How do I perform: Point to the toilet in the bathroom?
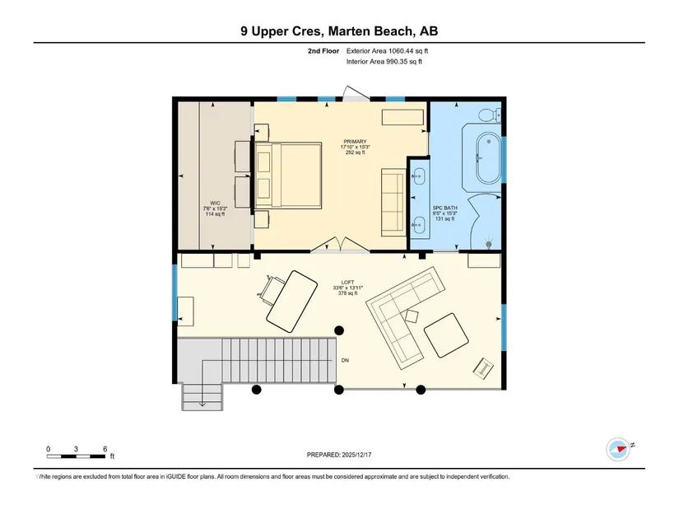coord(491,115)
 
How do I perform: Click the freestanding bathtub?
coord(488,158)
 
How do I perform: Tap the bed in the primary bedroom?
coord(288,175)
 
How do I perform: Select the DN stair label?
coord(345,360)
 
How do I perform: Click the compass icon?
coord(618,449)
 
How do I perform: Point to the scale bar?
coord(76,456)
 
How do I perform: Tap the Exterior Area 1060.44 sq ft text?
coord(387,51)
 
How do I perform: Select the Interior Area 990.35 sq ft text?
coord(384,62)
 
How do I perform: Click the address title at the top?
coord(339,31)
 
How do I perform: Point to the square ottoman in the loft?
coord(446,335)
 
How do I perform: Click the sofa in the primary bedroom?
coord(393,203)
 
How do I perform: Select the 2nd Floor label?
coord(323,51)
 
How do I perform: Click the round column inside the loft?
coord(339,330)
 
